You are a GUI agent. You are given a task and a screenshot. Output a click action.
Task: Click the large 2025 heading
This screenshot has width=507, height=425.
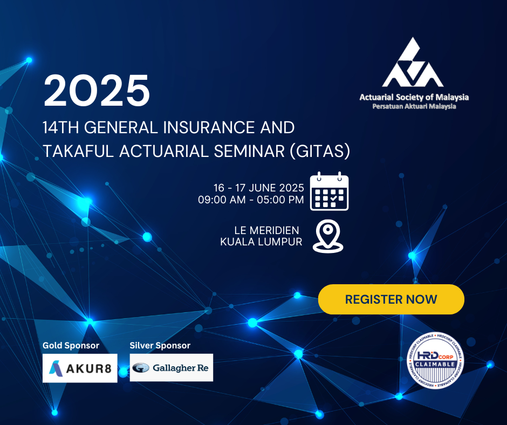click(x=97, y=90)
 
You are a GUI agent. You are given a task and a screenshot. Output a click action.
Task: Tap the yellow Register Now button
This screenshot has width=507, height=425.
click(x=391, y=299)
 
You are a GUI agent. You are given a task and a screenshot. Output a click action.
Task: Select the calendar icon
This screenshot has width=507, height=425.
click(x=329, y=191)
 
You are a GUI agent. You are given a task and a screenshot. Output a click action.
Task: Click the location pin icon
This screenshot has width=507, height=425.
click(x=328, y=236)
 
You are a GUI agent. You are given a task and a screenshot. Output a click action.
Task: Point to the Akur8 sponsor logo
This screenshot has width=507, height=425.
click(x=80, y=368)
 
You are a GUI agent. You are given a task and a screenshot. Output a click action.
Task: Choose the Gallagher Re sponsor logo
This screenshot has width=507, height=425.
click(x=172, y=367)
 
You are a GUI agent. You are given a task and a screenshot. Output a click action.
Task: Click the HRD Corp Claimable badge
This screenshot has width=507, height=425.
click(x=435, y=360)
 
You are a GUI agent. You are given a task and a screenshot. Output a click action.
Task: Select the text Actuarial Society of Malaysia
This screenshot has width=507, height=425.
click(x=414, y=97)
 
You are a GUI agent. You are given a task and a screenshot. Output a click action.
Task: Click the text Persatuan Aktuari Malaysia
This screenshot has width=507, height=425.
click(x=414, y=106)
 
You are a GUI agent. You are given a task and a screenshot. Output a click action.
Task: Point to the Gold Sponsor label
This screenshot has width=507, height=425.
click(x=71, y=345)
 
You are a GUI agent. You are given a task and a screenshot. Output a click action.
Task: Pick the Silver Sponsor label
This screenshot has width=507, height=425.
click(x=160, y=345)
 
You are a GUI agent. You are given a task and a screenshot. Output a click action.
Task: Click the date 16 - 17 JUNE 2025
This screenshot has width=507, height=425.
click(x=259, y=188)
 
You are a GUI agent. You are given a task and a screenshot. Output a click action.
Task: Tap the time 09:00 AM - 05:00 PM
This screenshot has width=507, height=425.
click(x=251, y=200)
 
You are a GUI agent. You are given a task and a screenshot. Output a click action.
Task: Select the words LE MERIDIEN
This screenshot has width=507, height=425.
click(x=267, y=230)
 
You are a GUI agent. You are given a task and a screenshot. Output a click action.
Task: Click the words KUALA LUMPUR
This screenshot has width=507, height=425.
click(x=261, y=242)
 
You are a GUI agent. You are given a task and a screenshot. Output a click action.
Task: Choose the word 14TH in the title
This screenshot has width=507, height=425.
click(x=61, y=127)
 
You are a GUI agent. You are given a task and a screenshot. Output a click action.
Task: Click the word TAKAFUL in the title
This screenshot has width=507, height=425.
click(x=78, y=152)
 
